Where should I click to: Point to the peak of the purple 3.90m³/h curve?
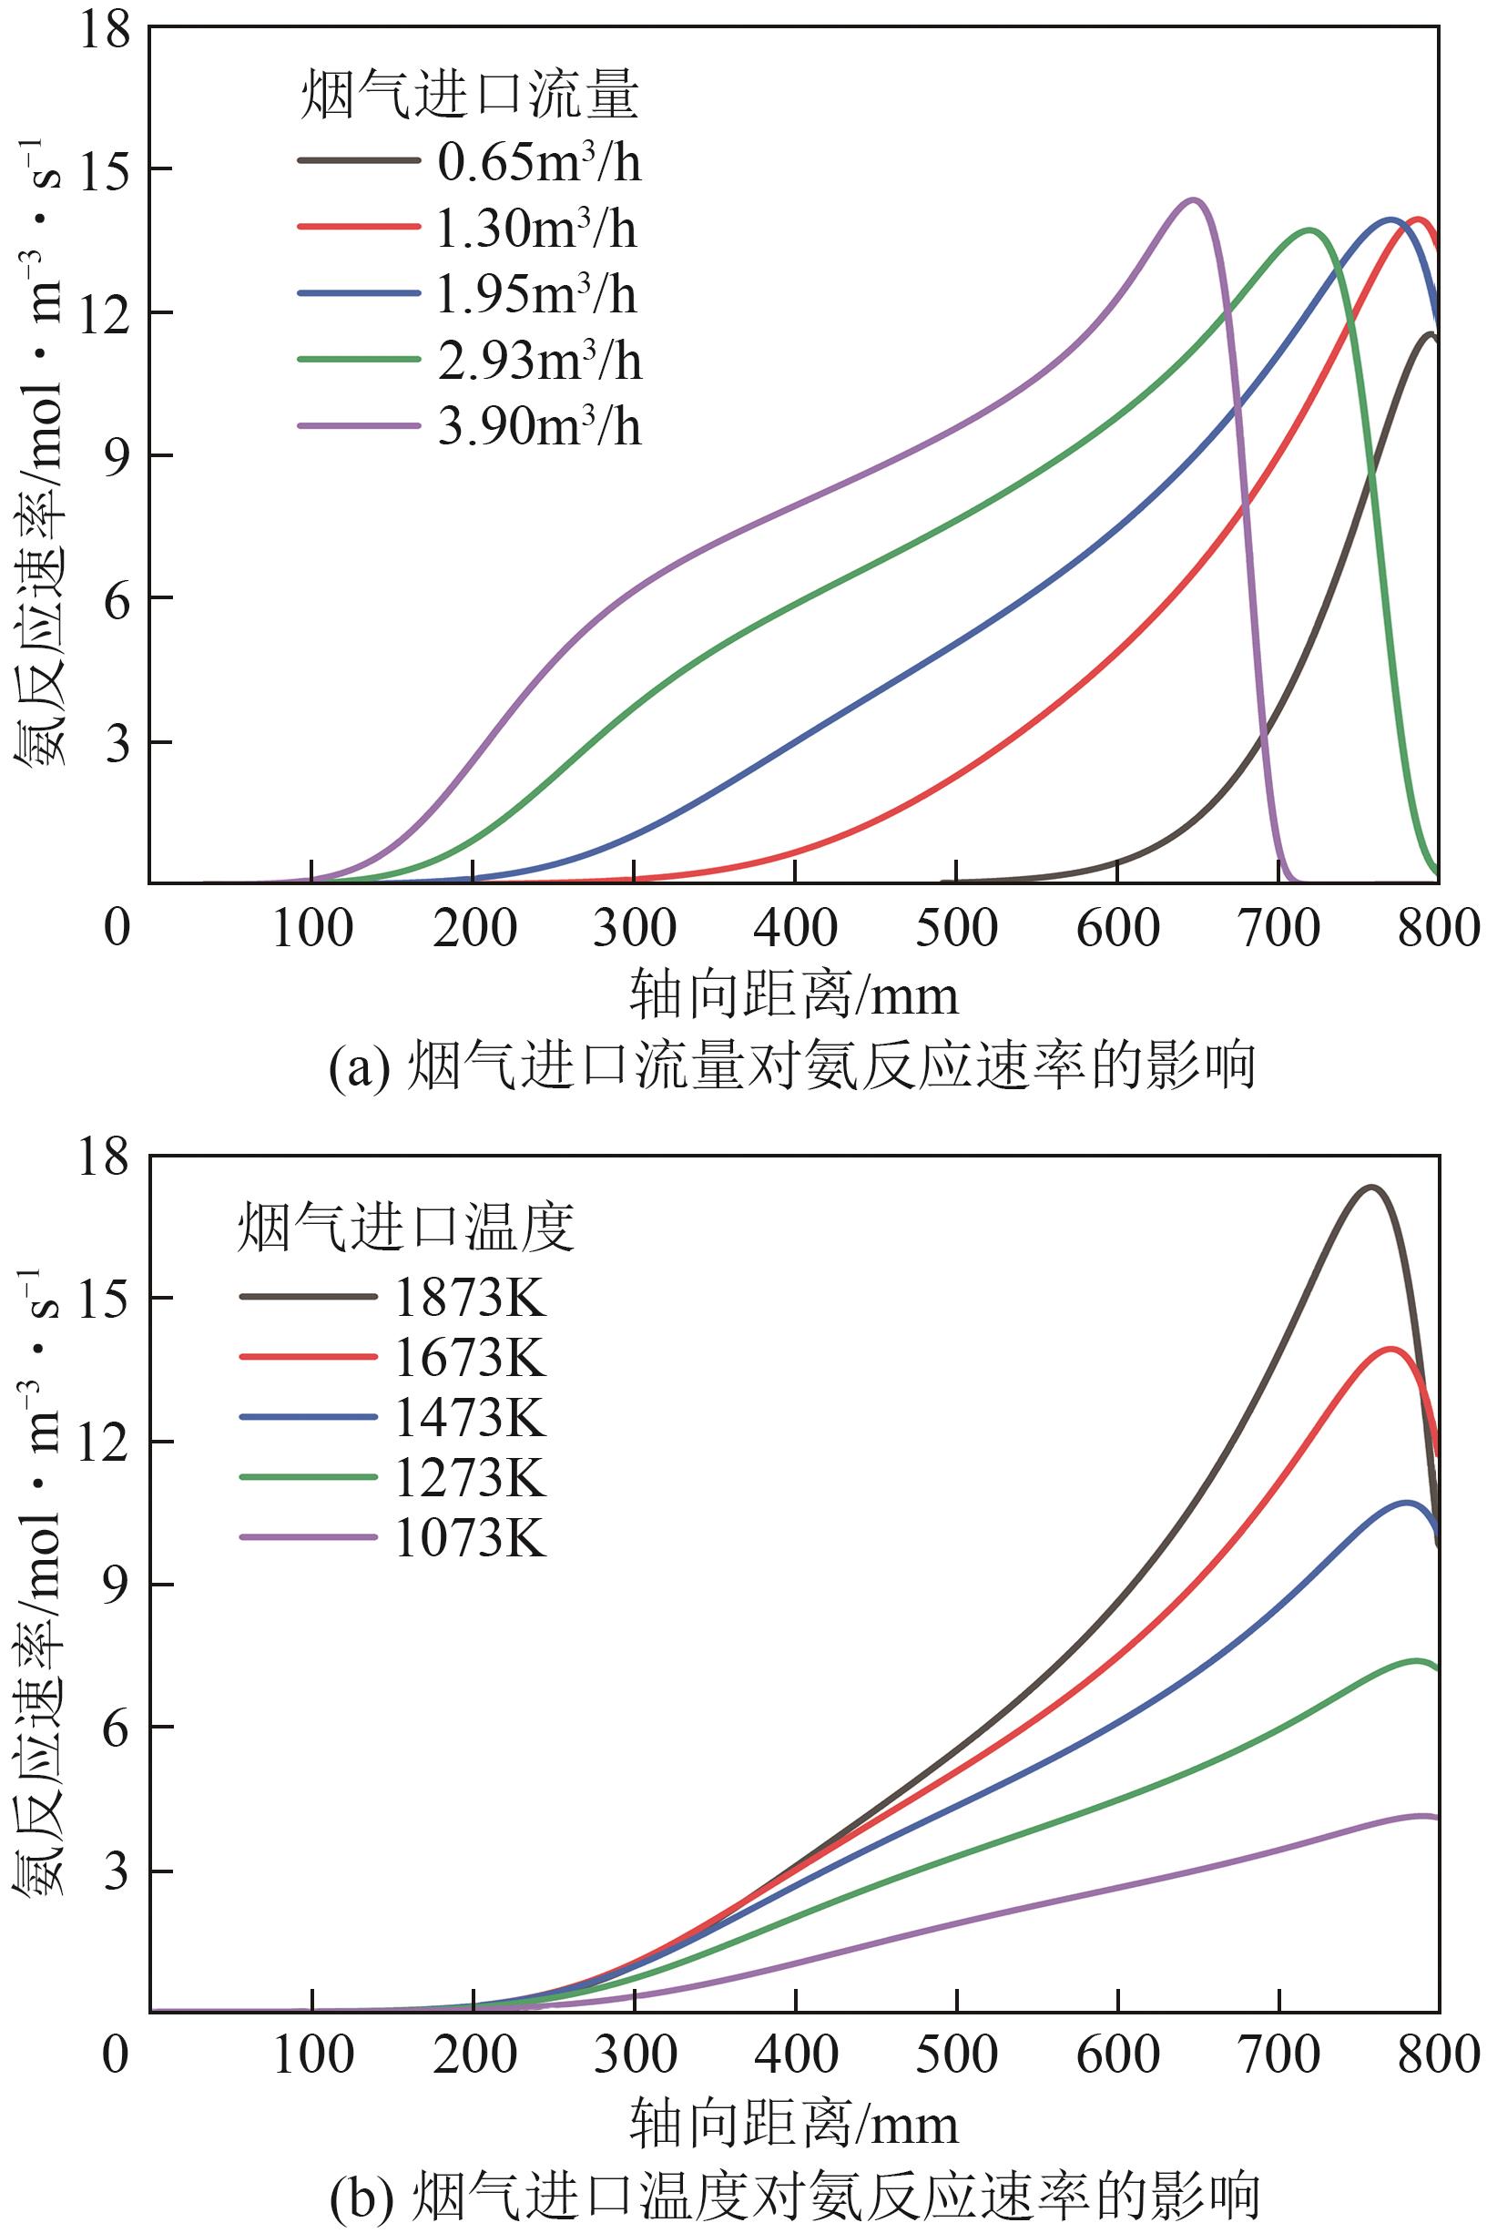pyautogui.click(x=1193, y=200)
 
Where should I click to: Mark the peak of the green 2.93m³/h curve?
pyautogui.click(x=1310, y=229)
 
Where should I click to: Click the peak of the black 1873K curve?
pyautogui.click(x=1370, y=1188)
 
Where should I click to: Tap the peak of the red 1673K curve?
pyautogui.click(x=1391, y=1349)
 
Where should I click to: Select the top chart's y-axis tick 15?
pyautogui.click(x=105, y=170)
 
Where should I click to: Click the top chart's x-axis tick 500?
pyautogui.click(x=956, y=928)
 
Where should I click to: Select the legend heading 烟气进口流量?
pyautogui.click(x=470, y=97)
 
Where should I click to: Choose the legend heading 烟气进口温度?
pyautogui.click(x=406, y=1229)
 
